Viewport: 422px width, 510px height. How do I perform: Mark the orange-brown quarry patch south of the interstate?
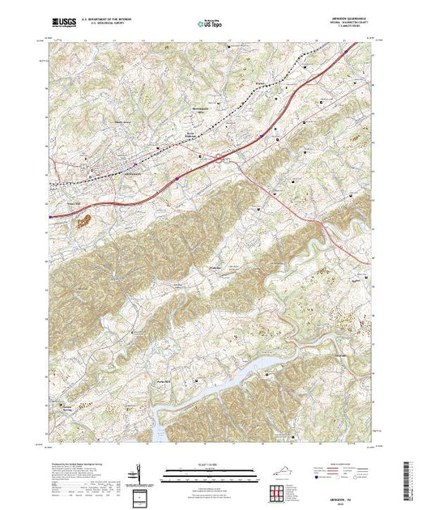(x=84, y=219)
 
